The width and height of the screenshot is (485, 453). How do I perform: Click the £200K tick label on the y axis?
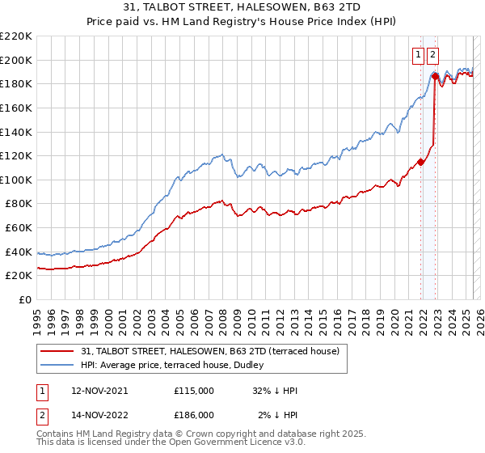click(x=16, y=60)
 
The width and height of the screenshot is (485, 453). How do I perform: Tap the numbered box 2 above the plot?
click(x=432, y=55)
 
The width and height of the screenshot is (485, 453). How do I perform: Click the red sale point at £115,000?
click(x=421, y=162)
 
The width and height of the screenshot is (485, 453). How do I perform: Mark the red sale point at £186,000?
click(x=435, y=77)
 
